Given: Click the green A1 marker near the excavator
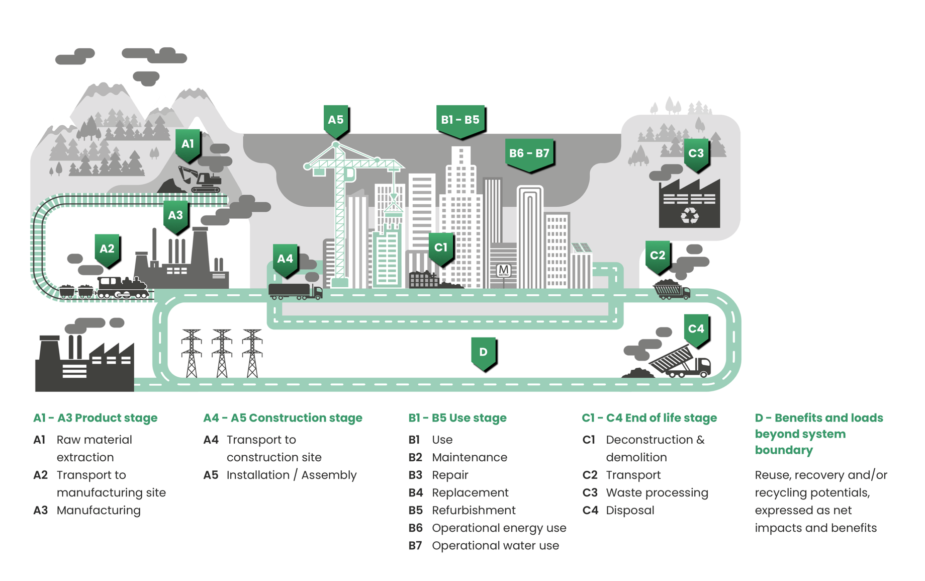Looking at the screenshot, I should pyautogui.click(x=188, y=145).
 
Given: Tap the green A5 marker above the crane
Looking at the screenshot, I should pyautogui.click(x=336, y=120).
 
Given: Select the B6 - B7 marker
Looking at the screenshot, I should pyautogui.click(x=529, y=154).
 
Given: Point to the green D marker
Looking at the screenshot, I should pyautogui.click(x=483, y=353).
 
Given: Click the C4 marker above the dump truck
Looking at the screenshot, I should pyautogui.click(x=696, y=329).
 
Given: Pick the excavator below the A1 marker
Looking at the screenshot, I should pyautogui.click(x=201, y=180).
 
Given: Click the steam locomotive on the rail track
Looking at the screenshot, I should pyautogui.click(x=123, y=288).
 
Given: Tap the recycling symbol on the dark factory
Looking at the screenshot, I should pyautogui.click(x=689, y=216).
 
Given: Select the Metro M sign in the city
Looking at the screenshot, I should pyautogui.click(x=503, y=271).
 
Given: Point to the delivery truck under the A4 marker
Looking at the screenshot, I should pyautogui.click(x=295, y=291).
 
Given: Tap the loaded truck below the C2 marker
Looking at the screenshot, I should pyautogui.click(x=671, y=290).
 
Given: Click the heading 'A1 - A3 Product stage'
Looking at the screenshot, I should pyautogui.click(x=95, y=418).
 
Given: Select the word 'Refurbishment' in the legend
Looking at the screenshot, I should pyautogui.click(x=474, y=510).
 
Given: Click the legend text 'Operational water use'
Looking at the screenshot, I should pyautogui.click(x=495, y=545).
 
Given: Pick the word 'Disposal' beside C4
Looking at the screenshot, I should pyautogui.click(x=630, y=510).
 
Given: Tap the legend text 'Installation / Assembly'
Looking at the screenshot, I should pyautogui.click(x=292, y=475).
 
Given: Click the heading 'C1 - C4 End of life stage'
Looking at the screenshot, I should pyautogui.click(x=649, y=418).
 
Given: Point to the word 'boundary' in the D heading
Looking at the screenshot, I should pyautogui.click(x=783, y=450).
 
